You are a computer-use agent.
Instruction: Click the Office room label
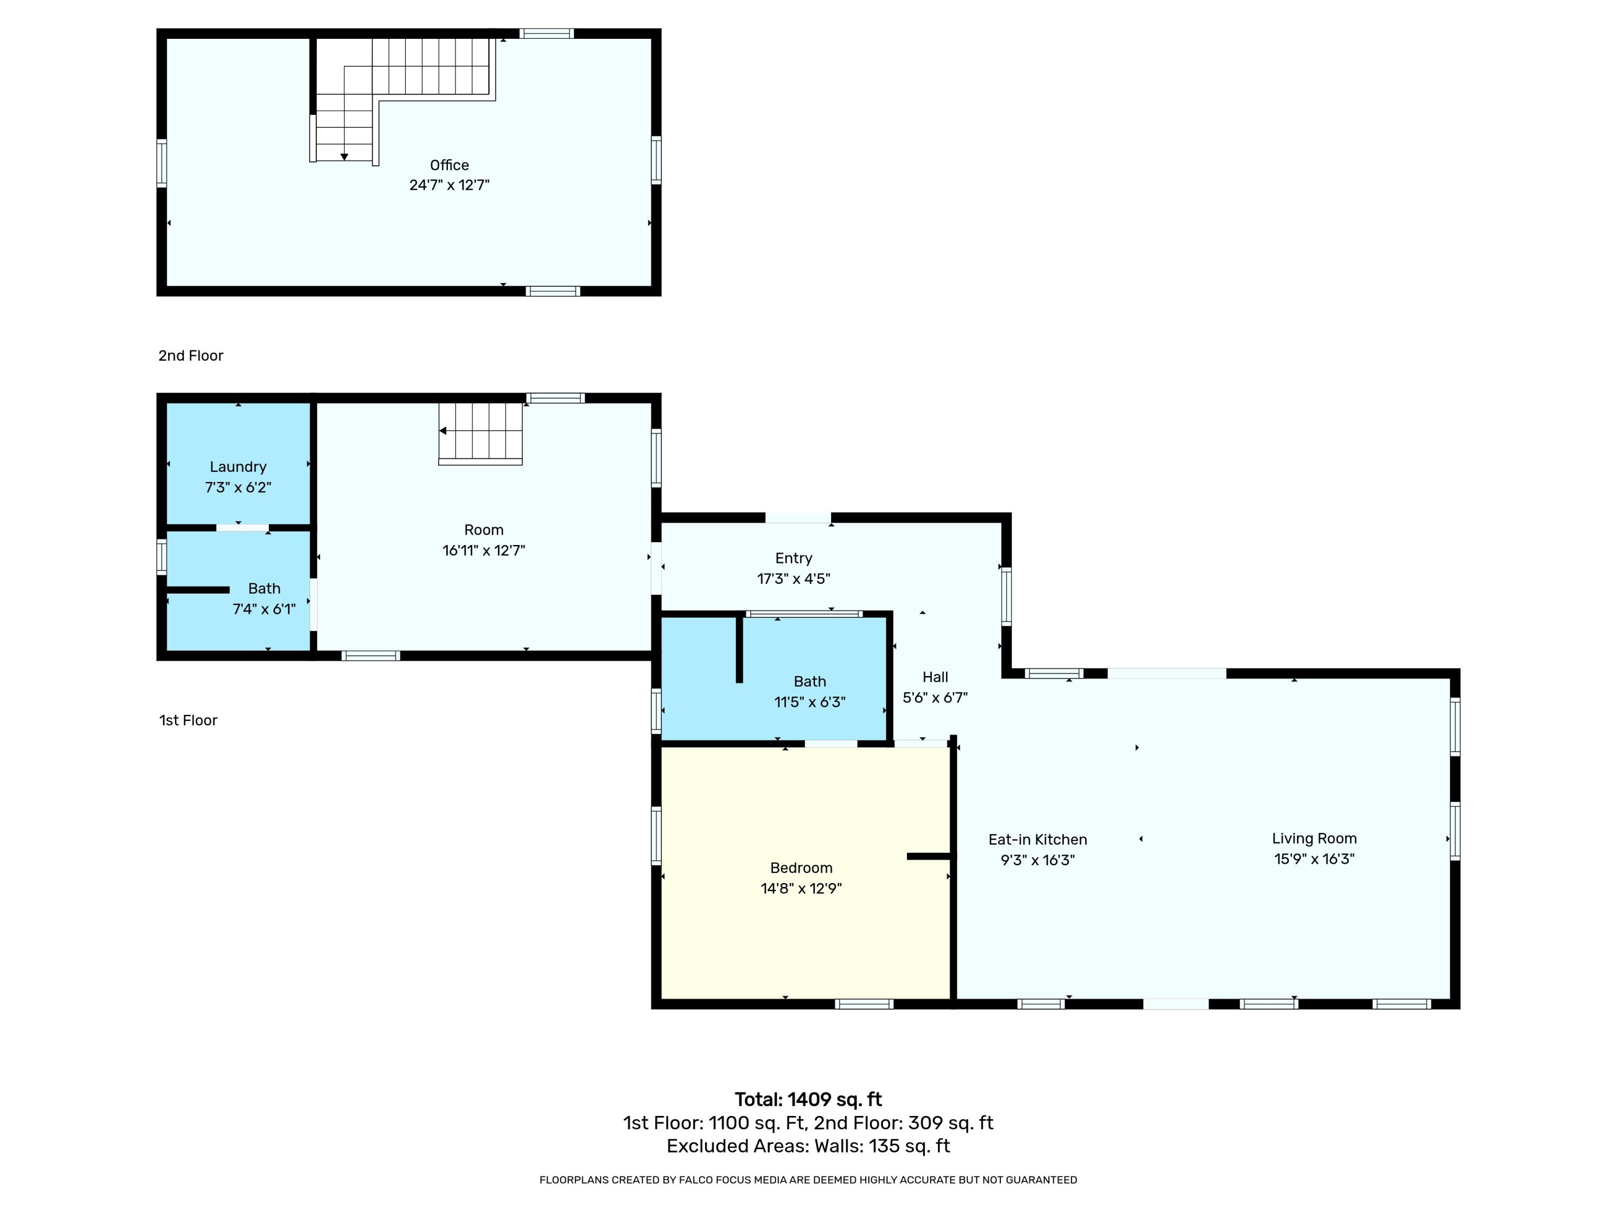(449, 166)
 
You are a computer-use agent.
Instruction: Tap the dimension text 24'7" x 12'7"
(449, 185)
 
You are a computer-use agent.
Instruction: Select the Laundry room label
(238, 466)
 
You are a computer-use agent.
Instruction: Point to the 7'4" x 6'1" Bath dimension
(264, 609)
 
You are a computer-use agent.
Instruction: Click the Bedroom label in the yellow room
(800, 868)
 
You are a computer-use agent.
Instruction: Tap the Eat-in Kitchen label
(1038, 839)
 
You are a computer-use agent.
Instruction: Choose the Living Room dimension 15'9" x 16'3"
(1314, 859)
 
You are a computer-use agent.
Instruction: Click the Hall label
(935, 677)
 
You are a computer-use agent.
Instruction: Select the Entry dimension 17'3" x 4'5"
(793, 578)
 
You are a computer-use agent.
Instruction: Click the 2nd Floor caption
(191, 355)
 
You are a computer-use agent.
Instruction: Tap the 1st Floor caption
(188, 720)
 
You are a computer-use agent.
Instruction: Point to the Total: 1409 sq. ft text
(808, 1100)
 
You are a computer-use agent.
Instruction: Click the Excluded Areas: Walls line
(808, 1146)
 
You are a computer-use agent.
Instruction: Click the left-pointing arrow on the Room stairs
(443, 431)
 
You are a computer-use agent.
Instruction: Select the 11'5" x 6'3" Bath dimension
(809, 702)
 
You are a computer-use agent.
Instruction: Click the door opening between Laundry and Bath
(242, 527)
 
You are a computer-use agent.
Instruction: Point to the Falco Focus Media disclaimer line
(808, 1180)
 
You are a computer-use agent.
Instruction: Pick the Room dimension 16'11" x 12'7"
(483, 550)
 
